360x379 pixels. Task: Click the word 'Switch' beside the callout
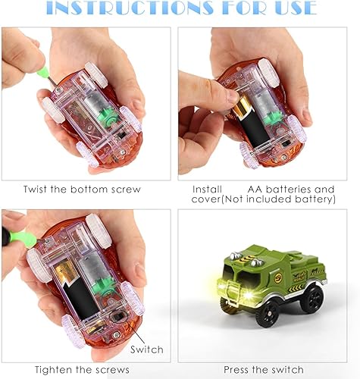(146, 349)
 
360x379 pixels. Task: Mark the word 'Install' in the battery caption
(207, 189)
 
